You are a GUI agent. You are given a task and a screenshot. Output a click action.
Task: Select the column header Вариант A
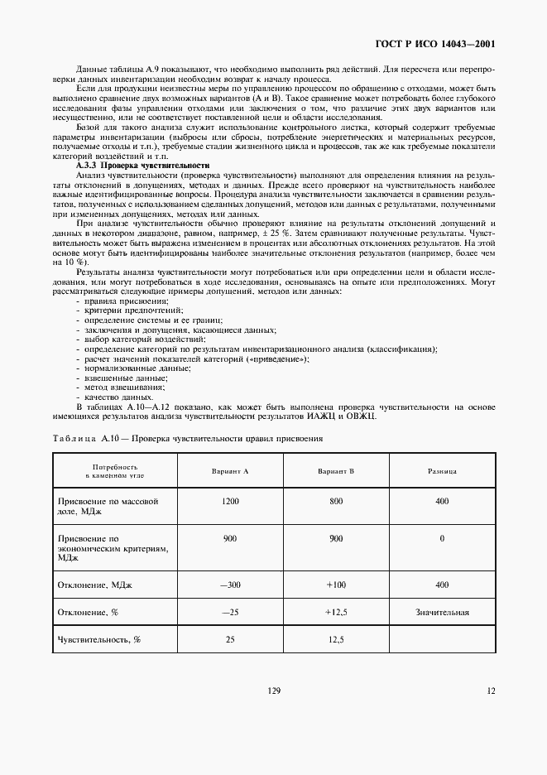coord(231,470)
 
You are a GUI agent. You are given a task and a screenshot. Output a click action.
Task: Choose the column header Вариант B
coord(336,470)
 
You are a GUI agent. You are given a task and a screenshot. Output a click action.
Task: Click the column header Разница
coord(442,470)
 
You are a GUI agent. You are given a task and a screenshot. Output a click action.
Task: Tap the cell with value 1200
coord(231,502)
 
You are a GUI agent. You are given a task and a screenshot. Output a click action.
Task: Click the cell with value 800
coord(336,502)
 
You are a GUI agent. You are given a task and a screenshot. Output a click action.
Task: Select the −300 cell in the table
coord(231,585)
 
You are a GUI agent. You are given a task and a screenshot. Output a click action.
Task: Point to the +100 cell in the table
coord(336,585)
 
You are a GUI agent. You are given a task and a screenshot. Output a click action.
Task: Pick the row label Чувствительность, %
coord(98,639)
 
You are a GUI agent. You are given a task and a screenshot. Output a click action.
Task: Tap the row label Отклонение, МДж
coord(94,585)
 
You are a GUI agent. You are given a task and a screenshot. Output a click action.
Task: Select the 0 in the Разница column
coord(442,538)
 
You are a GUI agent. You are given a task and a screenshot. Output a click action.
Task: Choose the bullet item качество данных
coord(119,397)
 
